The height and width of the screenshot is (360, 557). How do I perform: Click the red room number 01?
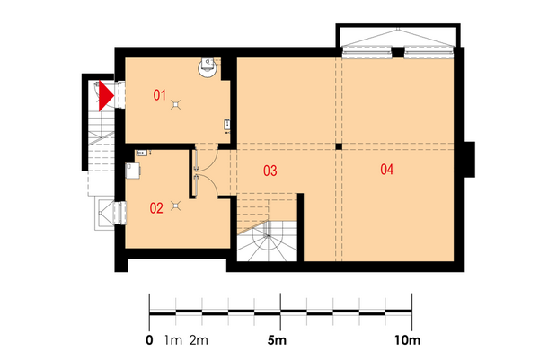pyautogui.click(x=160, y=95)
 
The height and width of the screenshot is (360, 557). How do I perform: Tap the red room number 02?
pyautogui.click(x=156, y=208)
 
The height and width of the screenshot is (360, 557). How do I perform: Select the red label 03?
pyautogui.click(x=270, y=171)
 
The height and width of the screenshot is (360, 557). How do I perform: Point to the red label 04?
pyautogui.click(x=387, y=170)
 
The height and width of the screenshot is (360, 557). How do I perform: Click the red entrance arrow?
pyautogui.click(x=106, y=96)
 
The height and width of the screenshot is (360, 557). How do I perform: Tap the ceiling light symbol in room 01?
pyautogui.click(x=175, y=104)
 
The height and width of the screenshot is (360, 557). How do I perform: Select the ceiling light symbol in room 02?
pyautogui.click(x=175, y=206)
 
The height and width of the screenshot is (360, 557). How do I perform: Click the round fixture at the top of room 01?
pyautogui.click(x=207, y=66)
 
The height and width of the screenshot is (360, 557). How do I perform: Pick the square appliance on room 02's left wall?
pyautogui.click(x=133, y=171)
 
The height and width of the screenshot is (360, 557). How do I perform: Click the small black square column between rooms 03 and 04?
pyautogui.click(x=339, y=146)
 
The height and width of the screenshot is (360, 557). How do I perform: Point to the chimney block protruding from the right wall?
pyautogui.click(x=470, y=160)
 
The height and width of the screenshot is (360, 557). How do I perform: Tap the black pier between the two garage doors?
pyautogui.click(x=398, y=53)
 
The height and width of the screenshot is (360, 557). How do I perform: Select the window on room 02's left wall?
pyautogui.click(x=119, y=213)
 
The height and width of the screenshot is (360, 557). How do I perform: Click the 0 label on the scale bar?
pyautogui.click(x=149, y=340)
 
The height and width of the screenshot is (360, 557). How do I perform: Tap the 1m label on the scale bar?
pyautogui.click(x=173, y=340)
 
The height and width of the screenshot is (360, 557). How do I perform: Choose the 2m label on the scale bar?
pyautogui.click(x=199, y=340)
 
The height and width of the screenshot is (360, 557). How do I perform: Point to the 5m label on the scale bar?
pyautogui.click(x=277, y=340)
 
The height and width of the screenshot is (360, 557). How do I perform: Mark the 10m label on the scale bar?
pyautogui.click(x=407, y=340)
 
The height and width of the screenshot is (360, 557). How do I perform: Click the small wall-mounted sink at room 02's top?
pyautogui.click(x=142, y=153)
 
